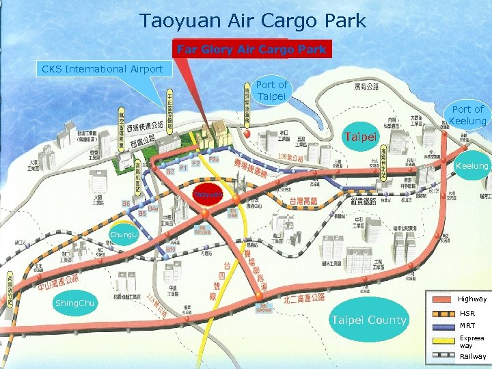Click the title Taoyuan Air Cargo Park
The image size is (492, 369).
pyautogui.click(x=253, y=20)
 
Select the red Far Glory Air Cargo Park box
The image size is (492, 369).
pyautogui.click(x=251, y=49)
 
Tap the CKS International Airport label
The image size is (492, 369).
pyautogui.click(x=102, y=68)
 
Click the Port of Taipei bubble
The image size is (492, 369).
pyautogui.click(x=271, y=91)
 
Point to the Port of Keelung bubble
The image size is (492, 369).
pyautogui.click(x=467, y=115)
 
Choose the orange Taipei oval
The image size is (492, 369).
pyautogui.click(x=360, y=137)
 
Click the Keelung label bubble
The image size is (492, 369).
pyautogui.click(x=472, y=166)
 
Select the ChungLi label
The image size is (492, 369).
pyautogui.click(x=124, y=235)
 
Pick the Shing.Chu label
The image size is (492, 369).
pyautogui.click(x=77, y=303)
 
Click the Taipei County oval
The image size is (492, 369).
pyautogui.click(x=368, y=320)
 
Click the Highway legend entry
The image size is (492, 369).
pyautogui.click(x=472, y=299)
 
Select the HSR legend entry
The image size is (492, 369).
pyautogui.click(x=468, y=313)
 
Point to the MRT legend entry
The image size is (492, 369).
pyautogui.click(x=468, y=326)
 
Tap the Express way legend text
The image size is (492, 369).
pyautogui.click(x=471, y=342)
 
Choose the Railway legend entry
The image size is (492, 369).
pyautogui.click(x=473, y=356)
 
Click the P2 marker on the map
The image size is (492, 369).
pyautogui.click(x=196, y=164)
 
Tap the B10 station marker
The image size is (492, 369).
pyautogui.click(x=171, y=249)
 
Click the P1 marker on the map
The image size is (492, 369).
pyautogui.click(x=184, y=168)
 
